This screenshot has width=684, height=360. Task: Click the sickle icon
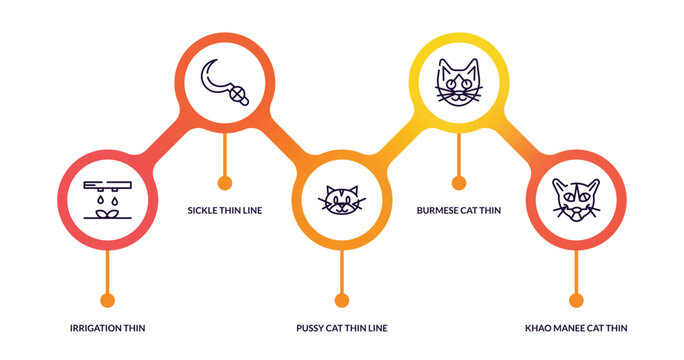coord(225,83)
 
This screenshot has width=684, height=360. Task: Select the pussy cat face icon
coord(342,199)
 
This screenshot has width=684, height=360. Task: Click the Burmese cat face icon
coord(459,83)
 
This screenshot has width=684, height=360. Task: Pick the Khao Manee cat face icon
coord(576,199)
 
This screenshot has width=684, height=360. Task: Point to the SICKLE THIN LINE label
coord(225,210)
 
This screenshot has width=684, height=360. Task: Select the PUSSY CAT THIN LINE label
coord(342,328)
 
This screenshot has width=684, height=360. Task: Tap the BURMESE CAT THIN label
coord(459,210)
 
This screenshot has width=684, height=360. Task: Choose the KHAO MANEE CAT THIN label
coord(576,328)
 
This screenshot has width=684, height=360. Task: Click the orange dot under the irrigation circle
coord(108,300)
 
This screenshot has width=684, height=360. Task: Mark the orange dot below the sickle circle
coord(225,183)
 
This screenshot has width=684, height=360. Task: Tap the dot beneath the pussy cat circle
coord(342,300)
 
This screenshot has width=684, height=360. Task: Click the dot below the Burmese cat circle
coord(459,183)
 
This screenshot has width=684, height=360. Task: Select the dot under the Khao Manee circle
coord(576,300)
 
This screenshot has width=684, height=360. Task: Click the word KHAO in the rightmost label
coord(538,328)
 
